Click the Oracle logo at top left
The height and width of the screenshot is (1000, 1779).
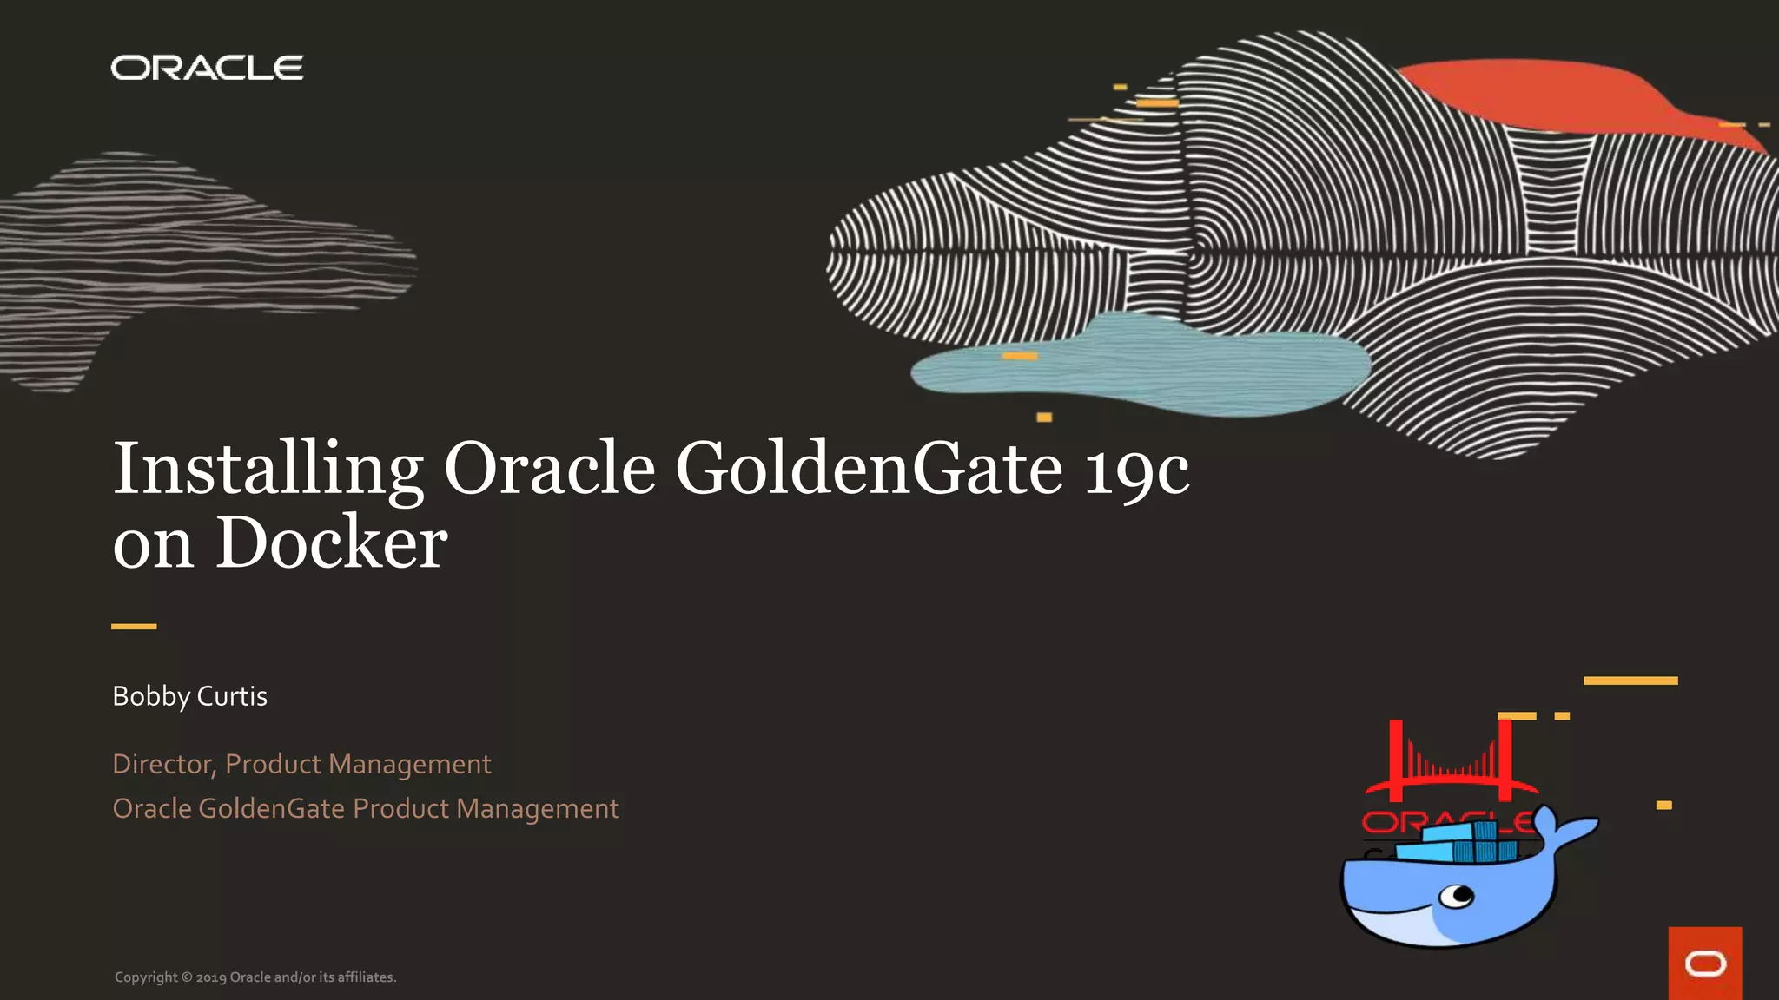pos(207,68)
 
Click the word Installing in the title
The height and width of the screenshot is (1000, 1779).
pos(268,469)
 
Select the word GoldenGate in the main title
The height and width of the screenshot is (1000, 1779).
pos(869,469)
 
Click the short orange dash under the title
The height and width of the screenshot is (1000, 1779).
pos(134,626)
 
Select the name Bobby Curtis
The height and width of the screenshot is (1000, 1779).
pos(189,696)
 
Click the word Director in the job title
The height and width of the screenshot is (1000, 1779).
pos(162,764)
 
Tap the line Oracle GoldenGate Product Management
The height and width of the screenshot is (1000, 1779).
pos(365,809)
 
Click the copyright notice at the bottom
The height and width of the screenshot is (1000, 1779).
pos(255,977)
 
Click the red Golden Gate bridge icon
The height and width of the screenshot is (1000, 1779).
pos(1451,764)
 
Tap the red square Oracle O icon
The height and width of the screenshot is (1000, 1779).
pos(1704,964)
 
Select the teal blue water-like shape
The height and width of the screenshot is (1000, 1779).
pos(1138,365)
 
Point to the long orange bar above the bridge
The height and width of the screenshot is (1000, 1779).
pos(1630,681)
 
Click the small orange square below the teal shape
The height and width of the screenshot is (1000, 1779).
pos(1044,418)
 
